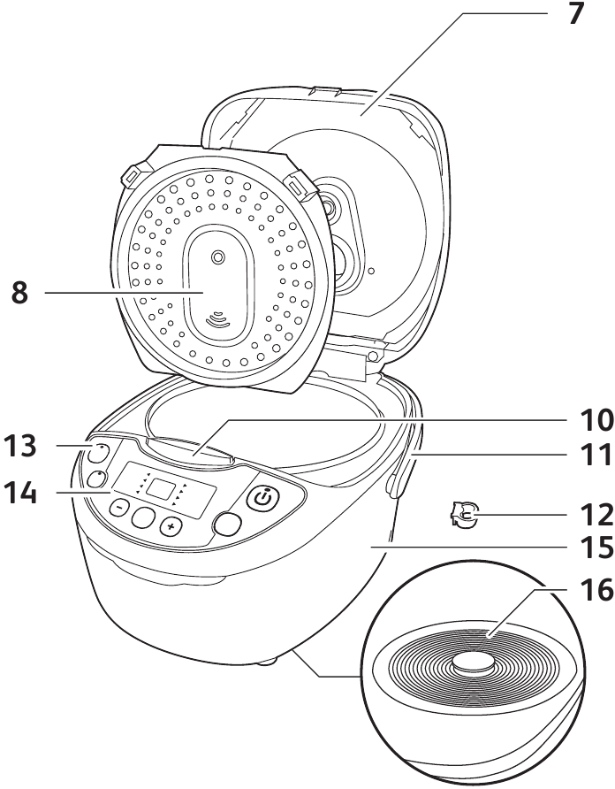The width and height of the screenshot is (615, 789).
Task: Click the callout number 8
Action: click(19, 293)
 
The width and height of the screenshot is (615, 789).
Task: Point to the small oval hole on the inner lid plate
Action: click(217, 257)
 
